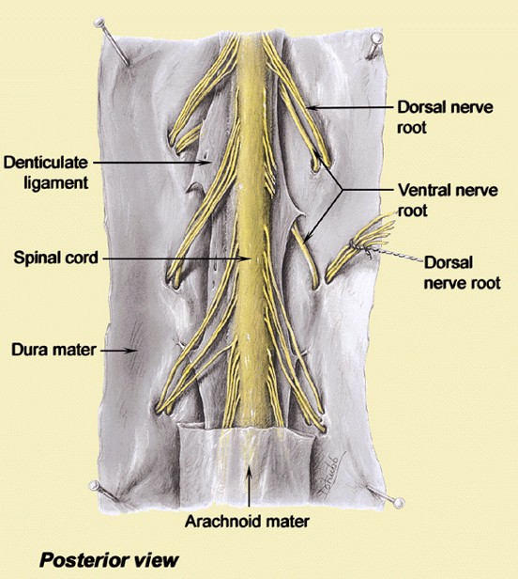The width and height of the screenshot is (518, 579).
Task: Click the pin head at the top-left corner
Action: click(x=99, y=23)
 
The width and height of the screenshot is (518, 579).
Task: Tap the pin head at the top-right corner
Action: click(x=376, y=38)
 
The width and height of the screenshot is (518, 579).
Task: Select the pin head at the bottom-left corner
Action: click(x=94, y=485)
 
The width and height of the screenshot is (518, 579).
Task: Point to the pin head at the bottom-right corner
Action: click(x=399, y=503)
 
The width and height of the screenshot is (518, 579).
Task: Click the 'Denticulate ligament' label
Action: click(x=46, y=172)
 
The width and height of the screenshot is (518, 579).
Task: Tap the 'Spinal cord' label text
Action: click(x=56, y=258)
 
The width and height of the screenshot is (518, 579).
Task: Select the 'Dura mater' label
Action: click(x=53, y=350)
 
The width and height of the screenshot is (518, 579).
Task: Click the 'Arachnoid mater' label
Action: click(x=247, y=522)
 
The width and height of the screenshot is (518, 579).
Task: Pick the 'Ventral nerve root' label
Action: click(x=448, y=200)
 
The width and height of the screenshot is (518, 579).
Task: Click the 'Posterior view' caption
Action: click(x=109, y=560)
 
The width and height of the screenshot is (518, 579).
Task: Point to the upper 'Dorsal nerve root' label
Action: click(x=445, y=117)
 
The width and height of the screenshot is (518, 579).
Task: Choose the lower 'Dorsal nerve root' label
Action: click(x=463, y=273)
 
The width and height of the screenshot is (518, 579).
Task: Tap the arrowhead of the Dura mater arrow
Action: click(x=133, y=350)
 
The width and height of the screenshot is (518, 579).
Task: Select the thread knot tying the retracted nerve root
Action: click(x=354, y=244)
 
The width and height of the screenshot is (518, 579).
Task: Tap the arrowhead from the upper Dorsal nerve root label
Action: click(x=311, y=107)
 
